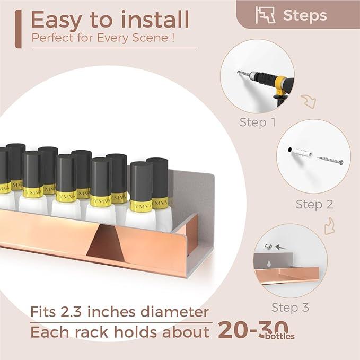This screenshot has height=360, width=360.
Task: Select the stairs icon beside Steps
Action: [x=265, y=15]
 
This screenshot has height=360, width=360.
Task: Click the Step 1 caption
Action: [x=257, y=122]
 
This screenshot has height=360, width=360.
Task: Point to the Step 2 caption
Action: [x=314, y=204]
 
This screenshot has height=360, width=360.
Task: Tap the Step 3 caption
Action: [x=290, y=308]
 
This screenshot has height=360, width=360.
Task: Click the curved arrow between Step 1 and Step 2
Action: [x=308, y=100]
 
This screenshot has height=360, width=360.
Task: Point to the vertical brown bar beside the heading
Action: [x=19, y=29]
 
